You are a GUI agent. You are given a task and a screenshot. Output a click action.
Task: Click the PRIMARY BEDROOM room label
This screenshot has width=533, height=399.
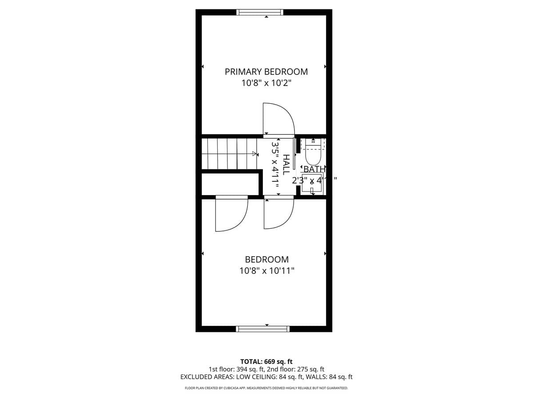pyautogui.click(x=266, y=71)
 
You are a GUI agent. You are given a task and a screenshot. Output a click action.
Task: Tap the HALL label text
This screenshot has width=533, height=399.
pyautogui.click(x=286, y=164)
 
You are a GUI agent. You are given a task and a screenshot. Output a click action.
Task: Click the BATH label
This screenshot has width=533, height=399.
pyautogui.click(x=314, y=169)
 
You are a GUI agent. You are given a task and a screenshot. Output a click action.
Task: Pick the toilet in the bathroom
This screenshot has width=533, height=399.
pyautogui.click(x=313, y=153)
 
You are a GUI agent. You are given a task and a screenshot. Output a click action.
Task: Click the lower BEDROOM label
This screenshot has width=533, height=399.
pyautogui.click(x=266, y=259)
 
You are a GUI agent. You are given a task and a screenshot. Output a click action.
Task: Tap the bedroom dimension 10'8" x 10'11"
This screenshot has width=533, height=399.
pyautogui.click(x=266, y=270)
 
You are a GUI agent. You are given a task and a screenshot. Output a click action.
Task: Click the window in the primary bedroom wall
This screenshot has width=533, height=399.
pyautogui.click(x=260, y=12)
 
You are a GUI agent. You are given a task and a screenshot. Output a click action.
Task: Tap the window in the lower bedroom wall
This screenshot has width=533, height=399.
pyautogui.click(x=263, y=329)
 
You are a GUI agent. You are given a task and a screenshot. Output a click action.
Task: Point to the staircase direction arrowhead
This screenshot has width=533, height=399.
pyautogui.click(x=255, y=154)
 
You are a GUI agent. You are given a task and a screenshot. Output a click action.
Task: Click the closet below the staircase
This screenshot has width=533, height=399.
pyautogui.click(x=230, y=184)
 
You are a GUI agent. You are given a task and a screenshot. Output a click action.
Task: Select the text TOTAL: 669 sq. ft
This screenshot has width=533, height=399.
pyautogui.click(x=266, y=361)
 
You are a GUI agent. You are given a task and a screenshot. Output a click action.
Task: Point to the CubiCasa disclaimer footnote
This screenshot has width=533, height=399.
pyautogui.click(x=266, y=388)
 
